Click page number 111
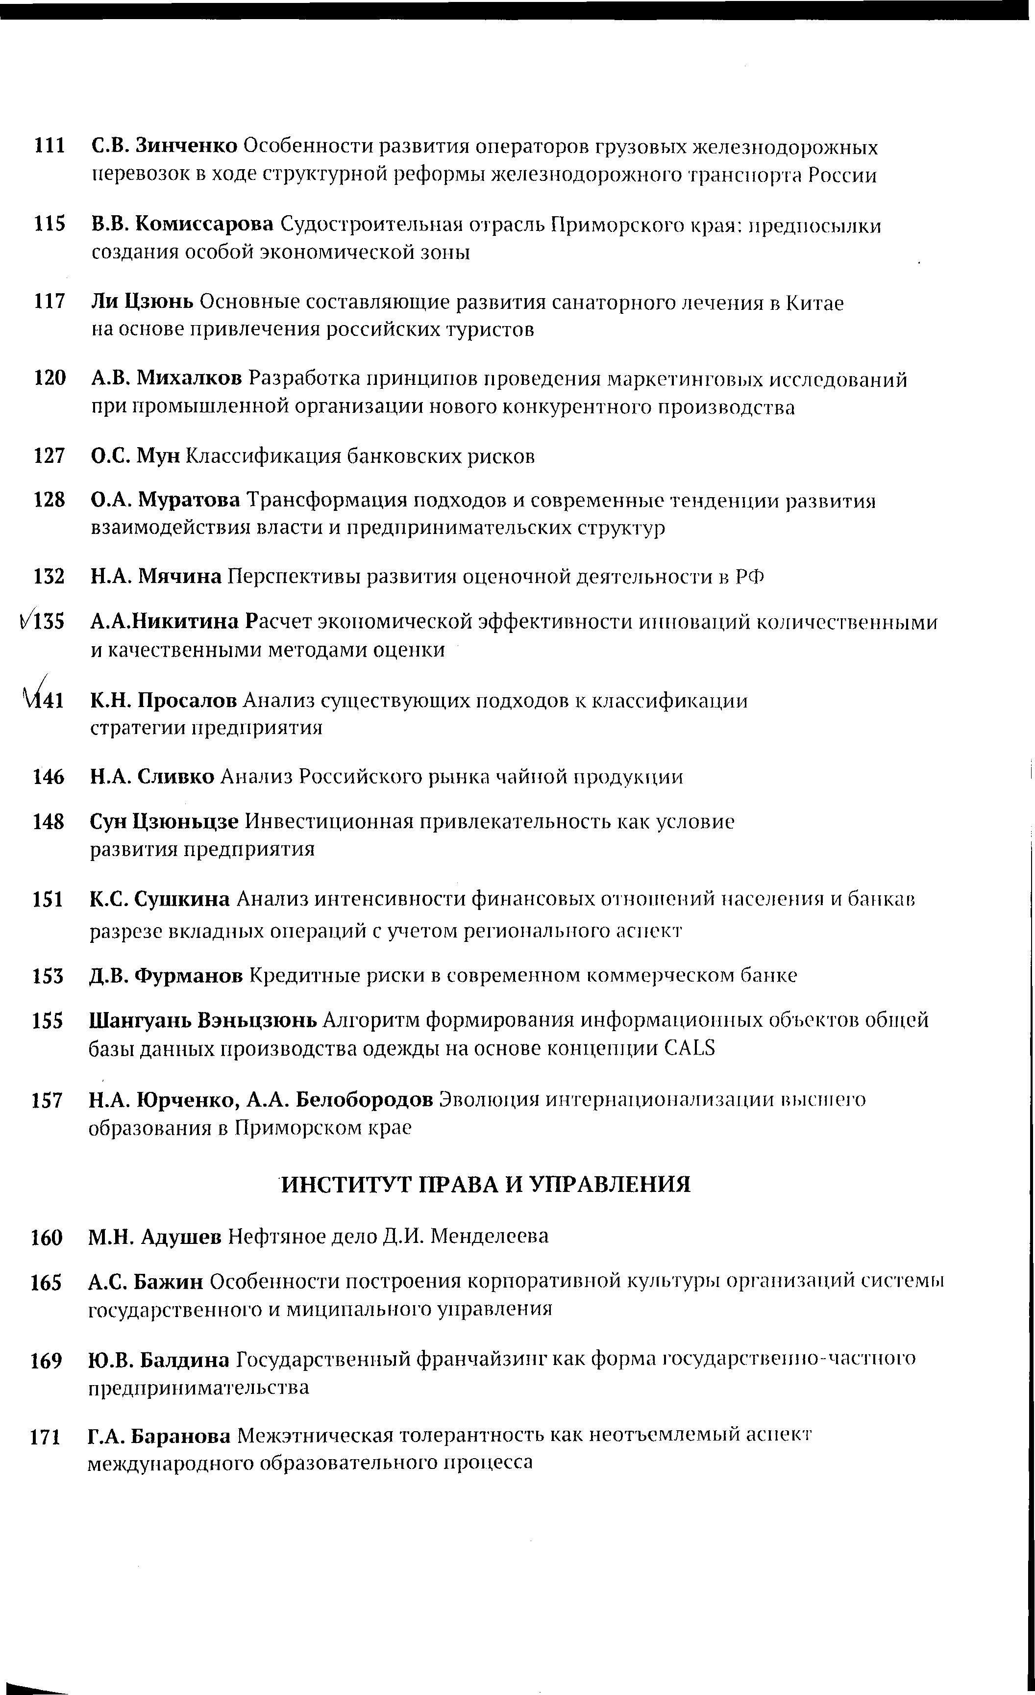coord(49,147)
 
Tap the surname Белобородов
coord(365,1100)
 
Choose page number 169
coord(47,1360)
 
